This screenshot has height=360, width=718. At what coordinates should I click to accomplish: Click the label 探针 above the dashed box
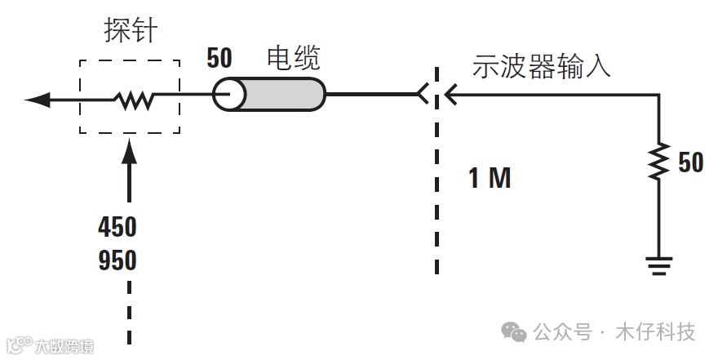click(130, 32)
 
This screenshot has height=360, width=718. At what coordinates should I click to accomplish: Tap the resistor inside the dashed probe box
click(134, 100)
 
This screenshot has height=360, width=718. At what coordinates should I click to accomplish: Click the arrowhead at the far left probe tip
click(38, 100)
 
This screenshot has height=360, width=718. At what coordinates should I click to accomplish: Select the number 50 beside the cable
click(219, 59)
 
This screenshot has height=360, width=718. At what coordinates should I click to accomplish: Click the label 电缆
click(294, 58)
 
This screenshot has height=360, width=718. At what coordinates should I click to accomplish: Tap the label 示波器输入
click(541, 67)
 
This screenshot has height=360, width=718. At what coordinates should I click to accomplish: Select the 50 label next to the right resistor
click(690, 163)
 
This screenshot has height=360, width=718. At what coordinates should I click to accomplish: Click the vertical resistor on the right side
click(659, 162)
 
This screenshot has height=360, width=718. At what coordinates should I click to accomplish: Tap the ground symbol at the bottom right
click(659, 264)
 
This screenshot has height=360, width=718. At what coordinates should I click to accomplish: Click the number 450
click(117, 226)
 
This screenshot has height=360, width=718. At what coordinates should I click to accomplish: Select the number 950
click(117, 261)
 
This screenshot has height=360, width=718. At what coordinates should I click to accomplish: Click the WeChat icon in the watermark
click(514, 331)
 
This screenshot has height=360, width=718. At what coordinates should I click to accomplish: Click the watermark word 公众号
click(562, 332)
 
